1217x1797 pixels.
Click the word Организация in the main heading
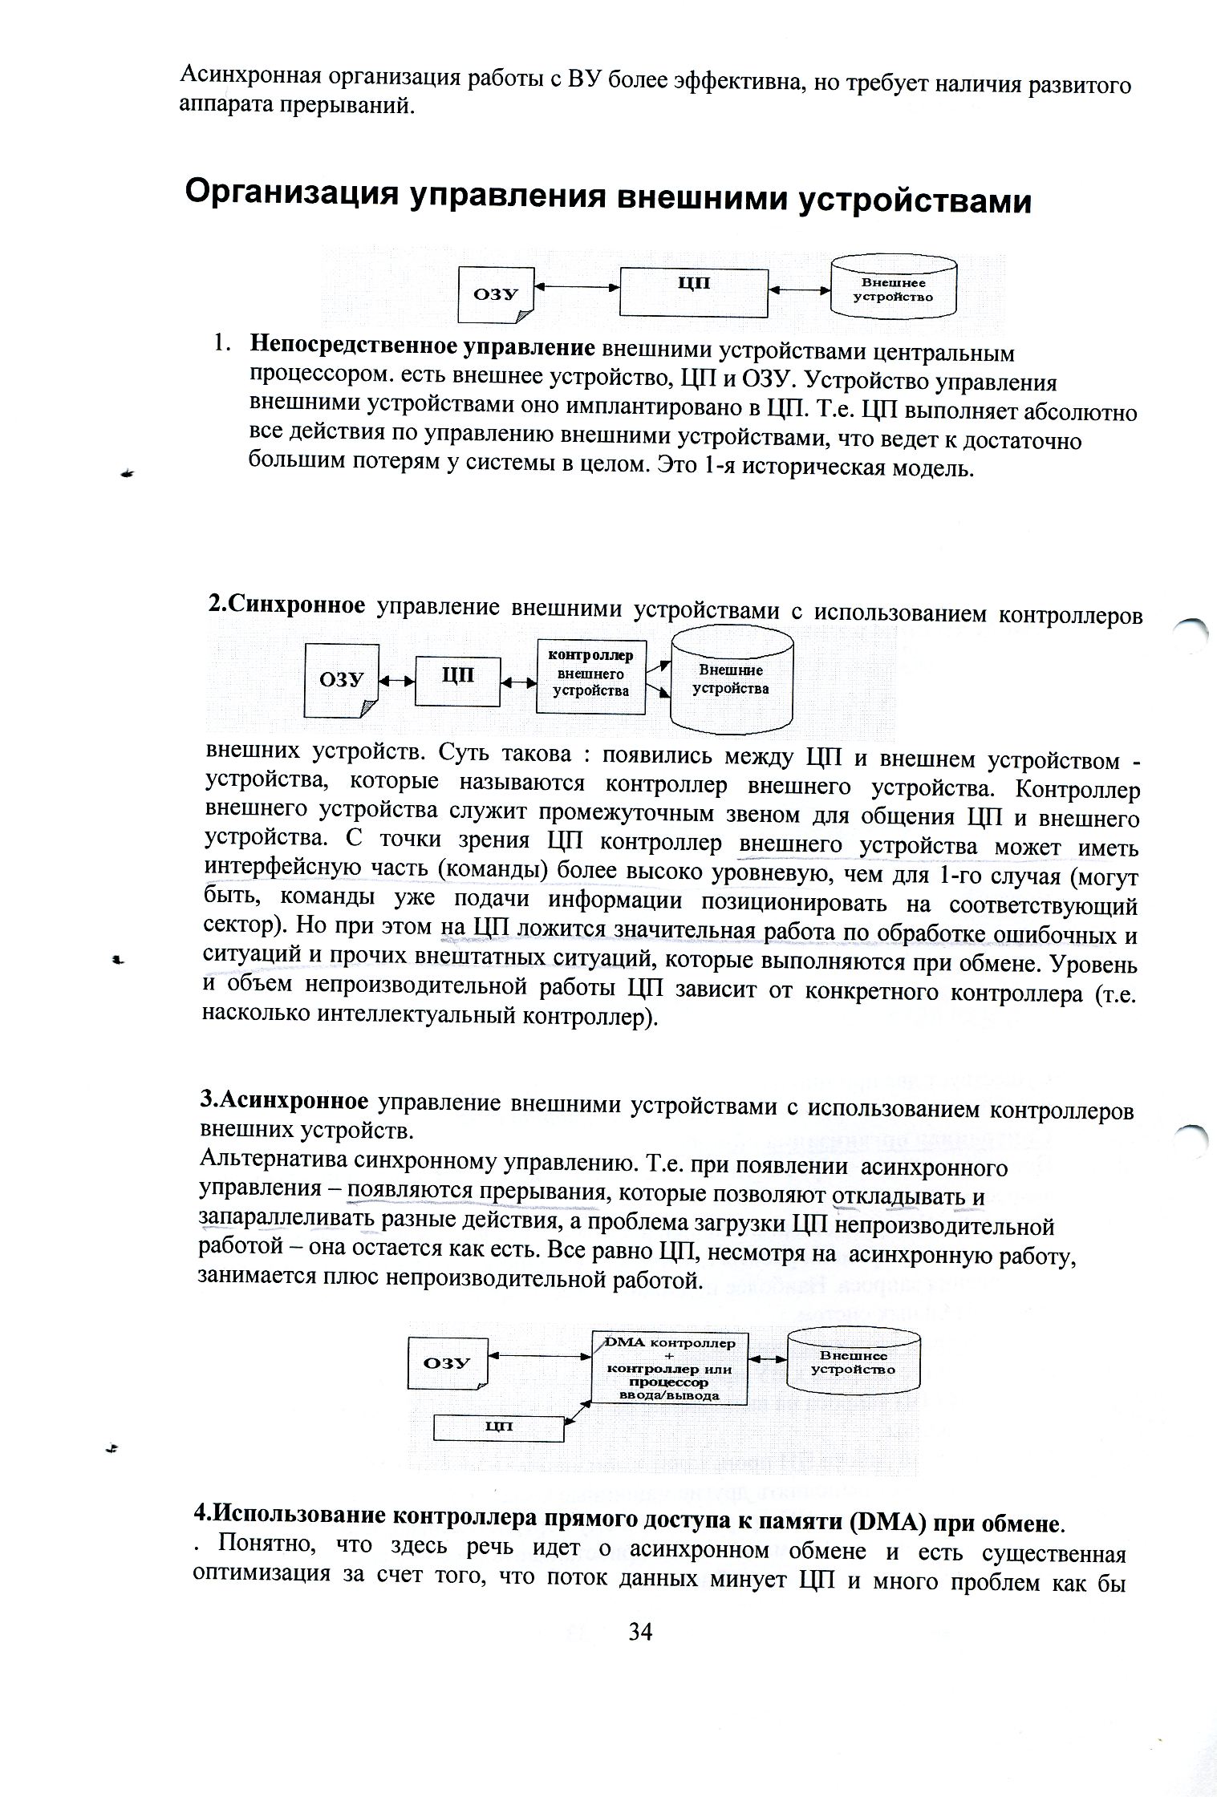click(x=291, y=195)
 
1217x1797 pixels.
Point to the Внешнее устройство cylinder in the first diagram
click(x=893, y=289)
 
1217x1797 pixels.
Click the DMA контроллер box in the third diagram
click(x=669, y=1369)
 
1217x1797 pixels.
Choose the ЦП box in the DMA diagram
click(x=499, y=1427)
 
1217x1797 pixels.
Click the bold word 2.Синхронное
click(x=286, y=606)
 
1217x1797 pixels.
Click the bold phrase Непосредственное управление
click(x=422, y=347)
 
